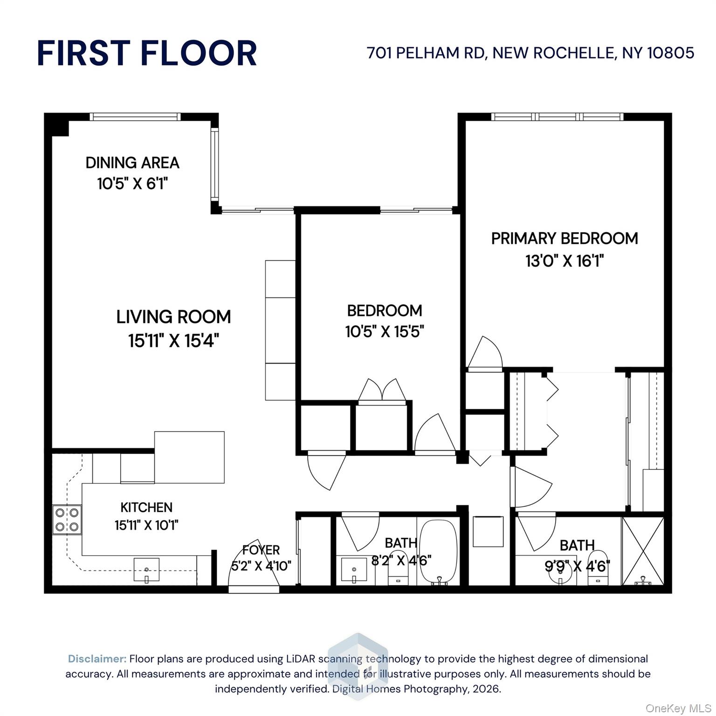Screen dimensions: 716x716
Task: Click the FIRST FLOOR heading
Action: pyautogui.click(x=147, y=53)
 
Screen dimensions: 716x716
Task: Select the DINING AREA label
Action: pyautogui.click(x=132, y=163)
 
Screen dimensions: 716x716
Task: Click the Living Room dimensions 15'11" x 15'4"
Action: pyautogui.click(x=173, y=341)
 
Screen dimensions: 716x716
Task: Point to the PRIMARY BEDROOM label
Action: pyautogui.click(x=565, y=238)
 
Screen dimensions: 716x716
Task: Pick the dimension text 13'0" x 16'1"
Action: pyautogui.click(x=565, y=261)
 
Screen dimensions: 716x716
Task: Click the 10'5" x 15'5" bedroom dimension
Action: pyautogui.click(x=385, y=332)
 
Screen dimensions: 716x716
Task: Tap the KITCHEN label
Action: pyautogui.click(x=146, y=507)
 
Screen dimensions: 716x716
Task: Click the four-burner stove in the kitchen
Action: pyautogui.click(x=67, y=520)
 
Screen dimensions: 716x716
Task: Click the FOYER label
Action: pyautogui.click(x=261, y=550)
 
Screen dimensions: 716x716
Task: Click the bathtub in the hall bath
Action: pyautogui.click(x=438, y=552)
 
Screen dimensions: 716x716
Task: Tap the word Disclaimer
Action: pyautogui.click(x=97, y=659)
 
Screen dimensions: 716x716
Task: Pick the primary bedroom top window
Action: pyautogui.click(x=557, y=117)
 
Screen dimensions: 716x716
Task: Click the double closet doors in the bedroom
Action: pyautogui.click(x=382, y=390)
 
